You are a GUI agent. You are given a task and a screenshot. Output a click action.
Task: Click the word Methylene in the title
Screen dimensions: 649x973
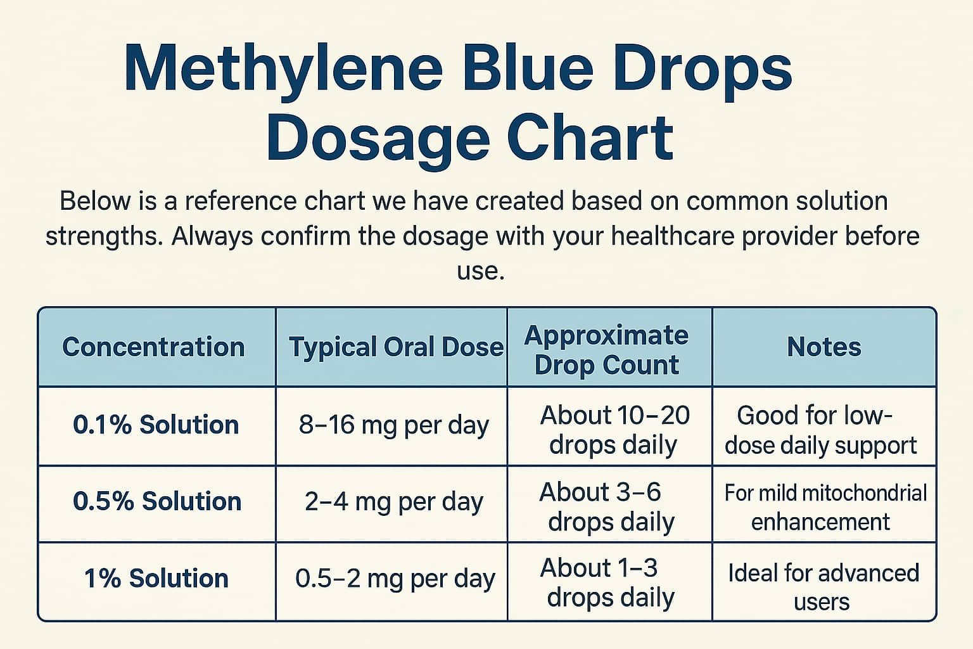click(283, 68)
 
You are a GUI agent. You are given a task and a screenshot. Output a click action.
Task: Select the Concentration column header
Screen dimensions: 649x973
click(153, 347)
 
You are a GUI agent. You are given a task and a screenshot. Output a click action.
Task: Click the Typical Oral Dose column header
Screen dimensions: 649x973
click(396, 347)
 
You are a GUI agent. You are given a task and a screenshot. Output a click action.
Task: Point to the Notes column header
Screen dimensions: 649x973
click(824, 347)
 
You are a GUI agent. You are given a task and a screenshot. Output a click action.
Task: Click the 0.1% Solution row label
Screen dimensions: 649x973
click(156, 425)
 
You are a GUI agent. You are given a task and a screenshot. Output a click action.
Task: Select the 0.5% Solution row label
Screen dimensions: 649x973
click(157, 501)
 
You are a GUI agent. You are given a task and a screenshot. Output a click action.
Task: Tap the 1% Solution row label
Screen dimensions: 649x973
click(156, 579)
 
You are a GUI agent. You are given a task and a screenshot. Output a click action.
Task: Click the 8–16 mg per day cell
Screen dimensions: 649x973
click(393, 425)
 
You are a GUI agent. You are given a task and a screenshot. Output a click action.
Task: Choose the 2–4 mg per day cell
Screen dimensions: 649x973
click(393, 501)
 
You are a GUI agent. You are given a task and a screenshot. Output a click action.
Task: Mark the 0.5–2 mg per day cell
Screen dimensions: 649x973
click(395, 579)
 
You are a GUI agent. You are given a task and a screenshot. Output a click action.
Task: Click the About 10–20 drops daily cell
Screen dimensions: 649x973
click(613, 430)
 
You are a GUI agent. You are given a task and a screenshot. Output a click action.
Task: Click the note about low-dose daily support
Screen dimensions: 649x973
click(820, 430)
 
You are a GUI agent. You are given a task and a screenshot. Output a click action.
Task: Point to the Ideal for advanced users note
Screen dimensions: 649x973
click(823, 586)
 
